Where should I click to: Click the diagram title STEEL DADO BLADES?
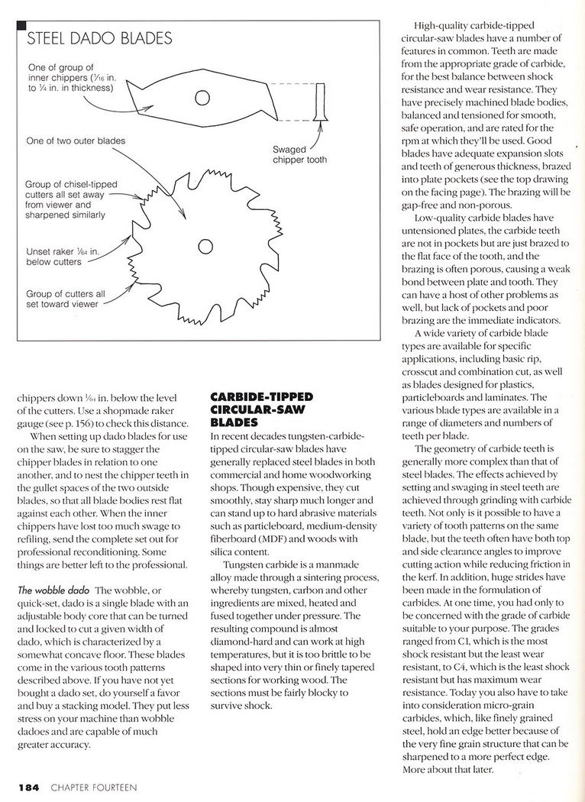pos(99,37)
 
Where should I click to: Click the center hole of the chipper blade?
pos(202,97)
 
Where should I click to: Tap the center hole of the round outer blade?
pos(205,246)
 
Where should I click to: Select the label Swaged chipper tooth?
pos(299,154)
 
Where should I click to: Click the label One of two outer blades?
pos(75,141)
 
